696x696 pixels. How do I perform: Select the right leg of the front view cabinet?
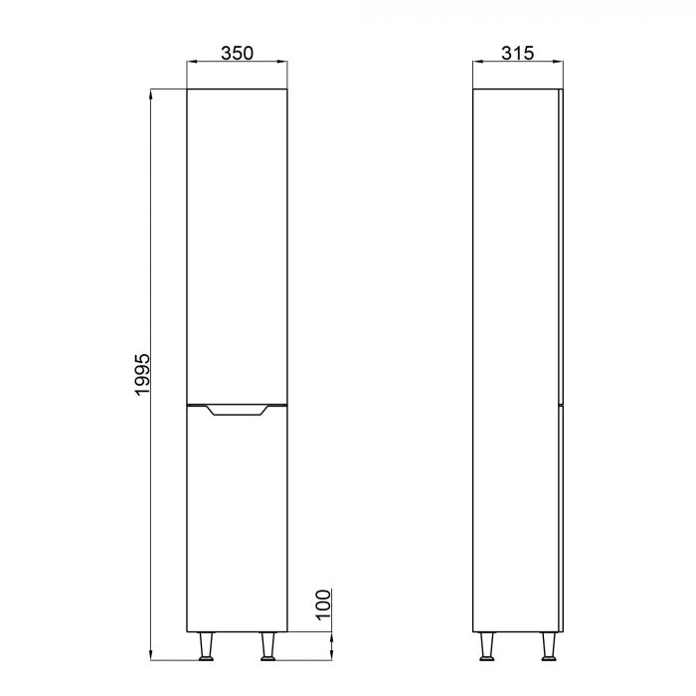tap(268, 647)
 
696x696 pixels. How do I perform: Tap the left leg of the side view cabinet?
tap(487, 647)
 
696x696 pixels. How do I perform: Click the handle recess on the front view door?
tap(237, 411)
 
